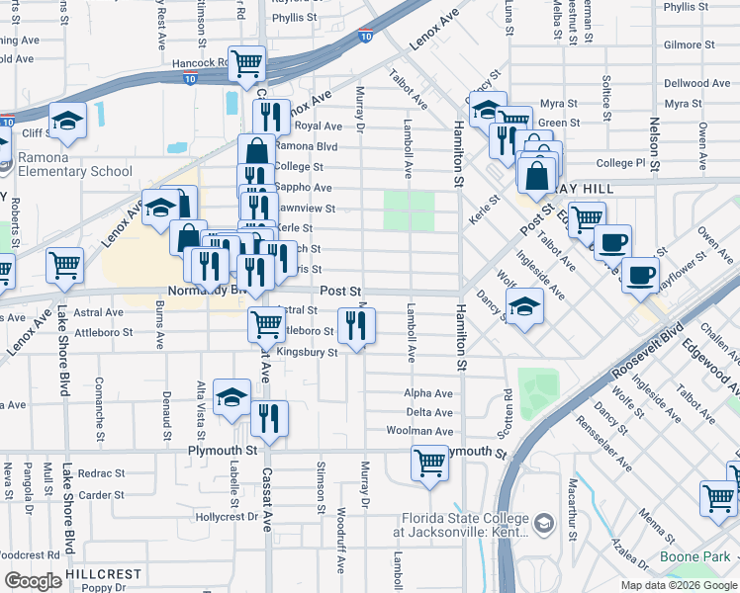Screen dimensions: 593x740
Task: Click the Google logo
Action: pyautogui.click(x=33, y=581)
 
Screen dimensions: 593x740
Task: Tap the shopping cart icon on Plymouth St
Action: pyautogui.click(x=429, y=462)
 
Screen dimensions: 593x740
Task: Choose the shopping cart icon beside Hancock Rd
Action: pyautogui.click(x=246, y=63)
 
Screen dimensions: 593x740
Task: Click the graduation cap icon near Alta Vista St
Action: pyautogui.click(x=231, y=397)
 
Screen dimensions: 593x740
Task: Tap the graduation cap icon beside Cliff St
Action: pyautogui.click(x=67, y=121)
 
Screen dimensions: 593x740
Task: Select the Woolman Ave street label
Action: pyautogui.click(x=428, y=432)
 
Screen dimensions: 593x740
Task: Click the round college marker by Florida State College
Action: pyautogui.click(x=542, y=522)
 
